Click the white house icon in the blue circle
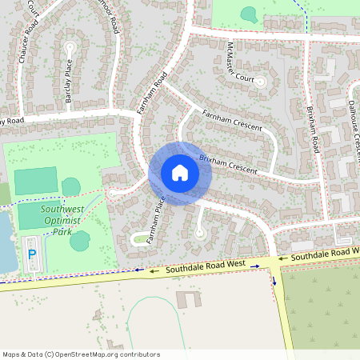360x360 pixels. tap(180, 173)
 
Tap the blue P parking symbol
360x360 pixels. tap(32, 254)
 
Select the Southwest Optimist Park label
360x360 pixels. tap(56, 220)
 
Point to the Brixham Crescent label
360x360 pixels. tap(228, 164)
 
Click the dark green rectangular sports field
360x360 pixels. tap(36, 181)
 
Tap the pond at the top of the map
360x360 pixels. tap(249, 14)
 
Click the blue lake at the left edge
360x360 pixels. tap(6, 240)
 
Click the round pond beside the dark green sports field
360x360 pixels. tap(71, 186)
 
